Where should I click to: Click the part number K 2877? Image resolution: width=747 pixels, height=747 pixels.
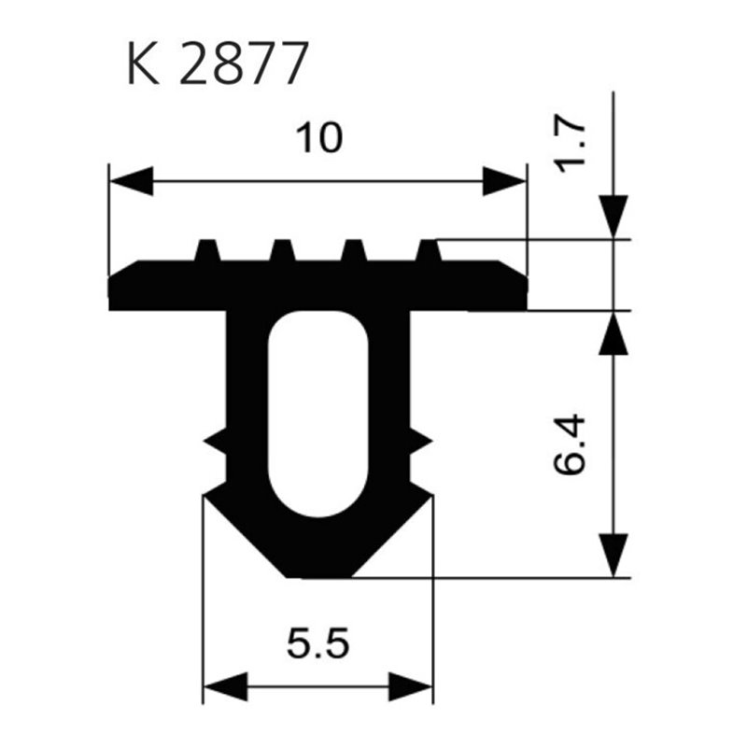click(216, 64)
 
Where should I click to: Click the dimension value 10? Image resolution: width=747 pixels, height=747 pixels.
click(318, 139)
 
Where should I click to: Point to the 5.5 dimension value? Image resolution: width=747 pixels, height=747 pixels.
click(317, 643)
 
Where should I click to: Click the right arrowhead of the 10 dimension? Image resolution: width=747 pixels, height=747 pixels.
click(504, 181)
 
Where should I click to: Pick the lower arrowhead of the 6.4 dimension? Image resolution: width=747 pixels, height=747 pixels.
click(613, 555)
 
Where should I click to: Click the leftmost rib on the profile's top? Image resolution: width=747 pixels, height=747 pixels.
click(208, 250)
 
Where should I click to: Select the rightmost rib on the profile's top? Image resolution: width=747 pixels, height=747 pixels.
click(428, 250)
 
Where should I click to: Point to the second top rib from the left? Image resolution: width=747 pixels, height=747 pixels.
click(281, 250)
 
